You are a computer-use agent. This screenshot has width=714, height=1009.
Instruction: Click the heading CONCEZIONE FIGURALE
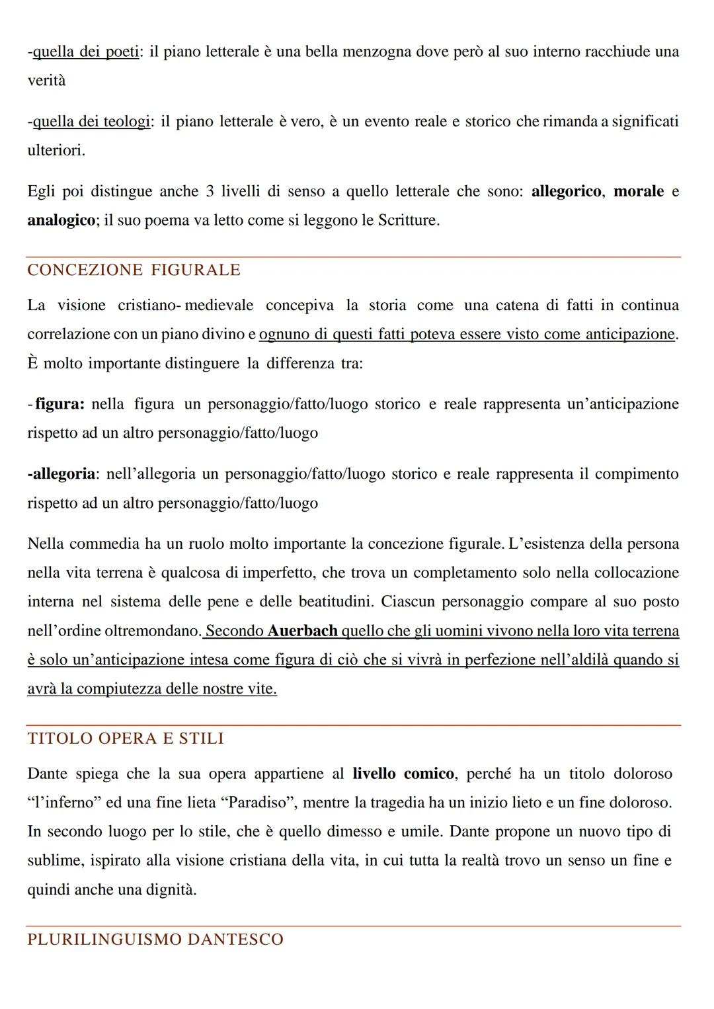[134, 270]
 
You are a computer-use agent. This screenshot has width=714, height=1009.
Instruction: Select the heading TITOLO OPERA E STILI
[126, 738]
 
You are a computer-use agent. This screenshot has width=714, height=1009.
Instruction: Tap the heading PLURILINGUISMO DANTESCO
[155, 939]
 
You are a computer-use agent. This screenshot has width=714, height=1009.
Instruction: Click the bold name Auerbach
[302, 631]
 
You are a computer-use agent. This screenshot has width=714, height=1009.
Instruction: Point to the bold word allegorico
[566, 191]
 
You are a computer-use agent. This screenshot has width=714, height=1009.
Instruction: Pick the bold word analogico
[61, 220]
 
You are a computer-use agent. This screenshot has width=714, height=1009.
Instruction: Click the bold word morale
[638, 191]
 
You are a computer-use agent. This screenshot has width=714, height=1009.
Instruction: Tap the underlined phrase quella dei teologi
[91, 122]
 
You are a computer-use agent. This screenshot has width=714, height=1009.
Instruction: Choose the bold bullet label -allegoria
[61, 474]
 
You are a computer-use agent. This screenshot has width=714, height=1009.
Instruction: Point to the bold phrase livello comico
[403, 774]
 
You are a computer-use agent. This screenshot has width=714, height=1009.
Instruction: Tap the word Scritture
[407, 220]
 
